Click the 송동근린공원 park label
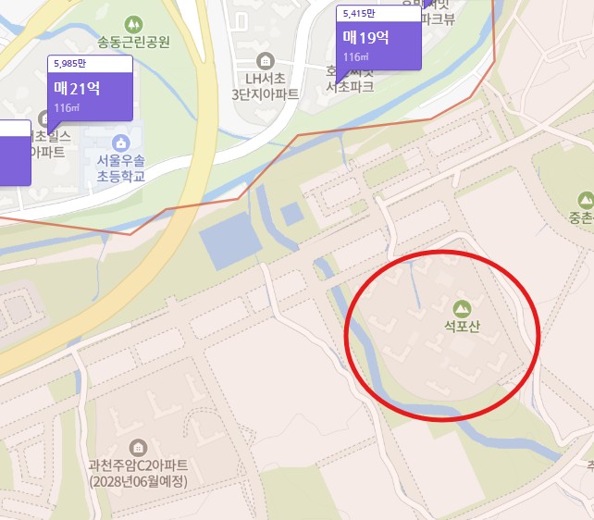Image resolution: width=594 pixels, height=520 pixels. pyautogui.click(x=133, y=42)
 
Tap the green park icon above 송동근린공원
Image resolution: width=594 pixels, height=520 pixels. pyautogui.click(x=133, y=22)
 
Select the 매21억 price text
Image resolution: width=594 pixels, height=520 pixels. pyautogui.click(x=78, y=90)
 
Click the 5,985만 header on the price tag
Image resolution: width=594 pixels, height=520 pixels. pyautogui.click(x=69, y=63)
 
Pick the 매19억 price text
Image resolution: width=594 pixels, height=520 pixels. pyautogui.click(x=366, y=38)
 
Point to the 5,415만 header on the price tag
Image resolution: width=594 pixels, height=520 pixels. pyautogui.click(x=358, y=13)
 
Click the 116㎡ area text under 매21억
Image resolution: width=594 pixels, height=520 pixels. pyautogui.click(x=67, y=108)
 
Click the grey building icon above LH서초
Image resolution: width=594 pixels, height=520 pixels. pyautogui.click(x=266, y=60)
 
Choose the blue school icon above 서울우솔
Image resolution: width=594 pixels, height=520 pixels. pyautogui.click(x=119, y=142)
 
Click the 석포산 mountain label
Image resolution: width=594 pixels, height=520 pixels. pyautogui.click(x=462, y=327)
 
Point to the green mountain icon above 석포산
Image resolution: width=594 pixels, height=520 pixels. pyautogui.click(x=461, y=307)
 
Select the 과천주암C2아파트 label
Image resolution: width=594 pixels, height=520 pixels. pyautogui.click(x=139, y=466)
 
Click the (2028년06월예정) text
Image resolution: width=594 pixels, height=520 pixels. pyautogui.click(x=139, y=482)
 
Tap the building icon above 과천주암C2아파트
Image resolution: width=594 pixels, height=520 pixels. pyautogui.click(x=139, y=448)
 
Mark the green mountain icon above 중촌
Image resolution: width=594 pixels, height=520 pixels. pyautogui.click(x=585, y=200)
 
